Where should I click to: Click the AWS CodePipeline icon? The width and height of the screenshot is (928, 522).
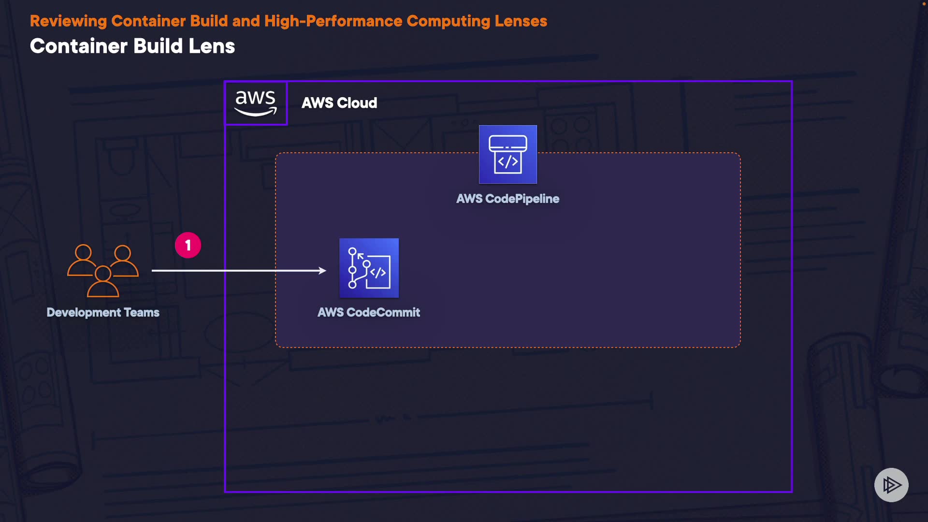[x=507, y=154]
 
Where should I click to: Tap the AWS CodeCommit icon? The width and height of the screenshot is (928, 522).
[x=369, y=268]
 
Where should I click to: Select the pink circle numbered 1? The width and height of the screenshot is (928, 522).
[x=188, y=245]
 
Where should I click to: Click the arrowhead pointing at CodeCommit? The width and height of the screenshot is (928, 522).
[x=323, y=271]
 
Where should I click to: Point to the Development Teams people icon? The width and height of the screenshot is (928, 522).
[x=103, y=270]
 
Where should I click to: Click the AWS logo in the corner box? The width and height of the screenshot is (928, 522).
[x=256, y=103]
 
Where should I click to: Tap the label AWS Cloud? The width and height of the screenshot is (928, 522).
[x=339, y=103]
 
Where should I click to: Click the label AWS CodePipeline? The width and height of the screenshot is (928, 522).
[x=507, y=199]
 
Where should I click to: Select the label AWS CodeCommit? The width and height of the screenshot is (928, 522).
[x=369, y=312]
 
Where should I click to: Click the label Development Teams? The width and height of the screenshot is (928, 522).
[x=103, y=312]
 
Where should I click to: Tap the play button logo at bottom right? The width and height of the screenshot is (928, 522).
[x=891, y=485]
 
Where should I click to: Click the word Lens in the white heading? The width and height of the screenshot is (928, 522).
[x=211, y=46]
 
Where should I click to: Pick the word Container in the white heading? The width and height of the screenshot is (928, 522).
[x=79, y=46]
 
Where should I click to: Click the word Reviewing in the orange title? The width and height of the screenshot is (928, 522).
[x=68, y=21]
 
